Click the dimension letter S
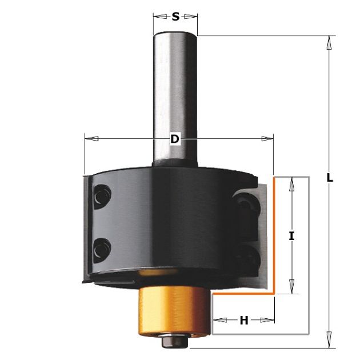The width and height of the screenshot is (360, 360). pos(175,17)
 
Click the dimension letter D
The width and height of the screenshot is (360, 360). pos(175,139)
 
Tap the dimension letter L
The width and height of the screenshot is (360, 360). pos(330,178)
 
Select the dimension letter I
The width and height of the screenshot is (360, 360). pos(291,236)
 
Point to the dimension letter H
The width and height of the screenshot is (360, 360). pos(244,320)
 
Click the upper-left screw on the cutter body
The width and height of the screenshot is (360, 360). pos(102,197)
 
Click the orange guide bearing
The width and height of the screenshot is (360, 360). pos(175,312)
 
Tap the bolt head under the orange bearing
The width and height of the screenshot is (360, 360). pos(175,341)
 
